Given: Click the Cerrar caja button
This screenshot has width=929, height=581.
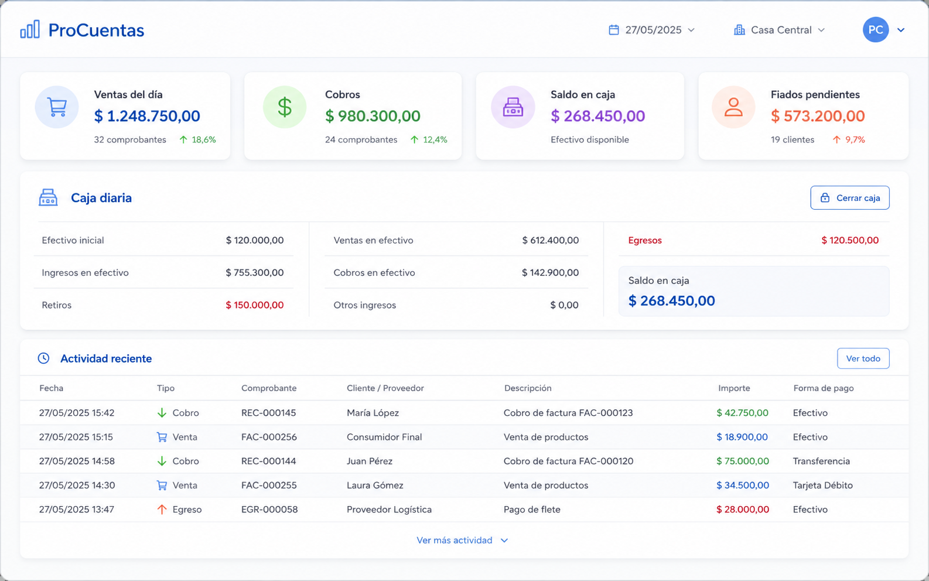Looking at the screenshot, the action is click(850, 198).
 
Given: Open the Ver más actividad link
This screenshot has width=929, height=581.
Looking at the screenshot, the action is click(462, 541).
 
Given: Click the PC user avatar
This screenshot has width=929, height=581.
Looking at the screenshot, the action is click(876, 30).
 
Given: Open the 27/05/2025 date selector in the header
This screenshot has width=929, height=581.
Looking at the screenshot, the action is click(651, 30).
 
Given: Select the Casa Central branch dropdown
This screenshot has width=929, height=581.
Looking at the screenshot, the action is click(779, 30).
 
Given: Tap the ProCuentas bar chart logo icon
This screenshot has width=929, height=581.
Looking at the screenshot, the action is click(30, 29).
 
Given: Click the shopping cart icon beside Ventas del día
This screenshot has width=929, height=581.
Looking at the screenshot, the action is click(57, 107).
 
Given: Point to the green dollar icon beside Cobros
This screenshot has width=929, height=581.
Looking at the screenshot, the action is click(285, 107).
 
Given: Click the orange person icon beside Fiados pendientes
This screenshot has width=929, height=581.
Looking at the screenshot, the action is click(733, 107).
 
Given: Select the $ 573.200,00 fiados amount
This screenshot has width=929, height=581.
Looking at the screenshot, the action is click(818, 116).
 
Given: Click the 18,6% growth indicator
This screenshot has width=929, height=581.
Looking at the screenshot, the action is click(197, 140).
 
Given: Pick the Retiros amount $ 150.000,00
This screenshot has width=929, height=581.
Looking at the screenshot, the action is click(255, 305).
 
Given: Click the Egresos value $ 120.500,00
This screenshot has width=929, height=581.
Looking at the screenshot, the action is click(850, 241).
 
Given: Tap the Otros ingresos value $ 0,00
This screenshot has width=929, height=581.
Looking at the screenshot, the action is click(564, 305).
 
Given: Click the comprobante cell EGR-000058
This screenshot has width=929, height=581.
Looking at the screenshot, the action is click(269, 510).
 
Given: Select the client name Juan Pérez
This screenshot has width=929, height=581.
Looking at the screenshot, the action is click(370, 461).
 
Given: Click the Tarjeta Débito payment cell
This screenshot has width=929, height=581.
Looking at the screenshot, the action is click(823, 485).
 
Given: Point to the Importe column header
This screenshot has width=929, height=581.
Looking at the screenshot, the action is click(734, 388).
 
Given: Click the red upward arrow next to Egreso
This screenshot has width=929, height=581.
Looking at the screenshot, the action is click(162, 510).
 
